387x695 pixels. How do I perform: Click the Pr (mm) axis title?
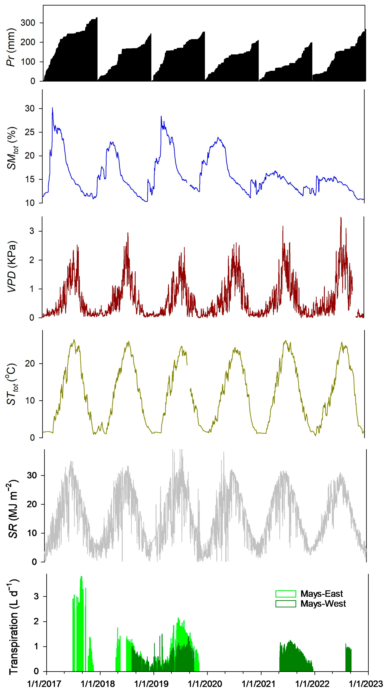click(11, 47)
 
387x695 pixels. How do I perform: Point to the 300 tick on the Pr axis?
click(28, 23)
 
